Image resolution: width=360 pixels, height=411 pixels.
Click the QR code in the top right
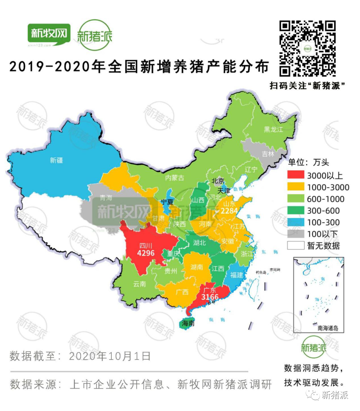pos(307,49)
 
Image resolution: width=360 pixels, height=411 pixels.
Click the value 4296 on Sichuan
pos(146,253)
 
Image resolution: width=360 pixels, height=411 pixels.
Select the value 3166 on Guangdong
pos(210,297)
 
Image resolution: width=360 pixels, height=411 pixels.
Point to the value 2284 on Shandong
pos(229,211)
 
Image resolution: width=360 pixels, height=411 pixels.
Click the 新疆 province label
pos(56,160)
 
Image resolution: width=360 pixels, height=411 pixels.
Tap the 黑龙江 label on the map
pos(273,129)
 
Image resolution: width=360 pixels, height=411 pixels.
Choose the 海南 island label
pos(188,323)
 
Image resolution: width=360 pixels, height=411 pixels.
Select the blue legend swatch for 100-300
pos(296,222)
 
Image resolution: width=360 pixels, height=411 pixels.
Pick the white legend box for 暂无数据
pos(296,246)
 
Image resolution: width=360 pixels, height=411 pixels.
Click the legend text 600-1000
pos(325,199)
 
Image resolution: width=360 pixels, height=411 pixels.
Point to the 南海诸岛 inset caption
pos(328,328)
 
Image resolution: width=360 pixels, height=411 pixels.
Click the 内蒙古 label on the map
pos(174,178)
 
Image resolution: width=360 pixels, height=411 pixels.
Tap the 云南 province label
pos(140,284)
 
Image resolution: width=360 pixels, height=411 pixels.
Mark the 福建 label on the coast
pos(237,275)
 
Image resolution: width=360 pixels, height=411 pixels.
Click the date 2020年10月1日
pos(110,356)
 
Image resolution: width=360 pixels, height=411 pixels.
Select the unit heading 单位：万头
pos(308,162)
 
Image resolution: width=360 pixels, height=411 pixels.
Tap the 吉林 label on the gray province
pos(268,154)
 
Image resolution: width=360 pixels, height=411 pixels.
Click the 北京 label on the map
pos(218,181)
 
